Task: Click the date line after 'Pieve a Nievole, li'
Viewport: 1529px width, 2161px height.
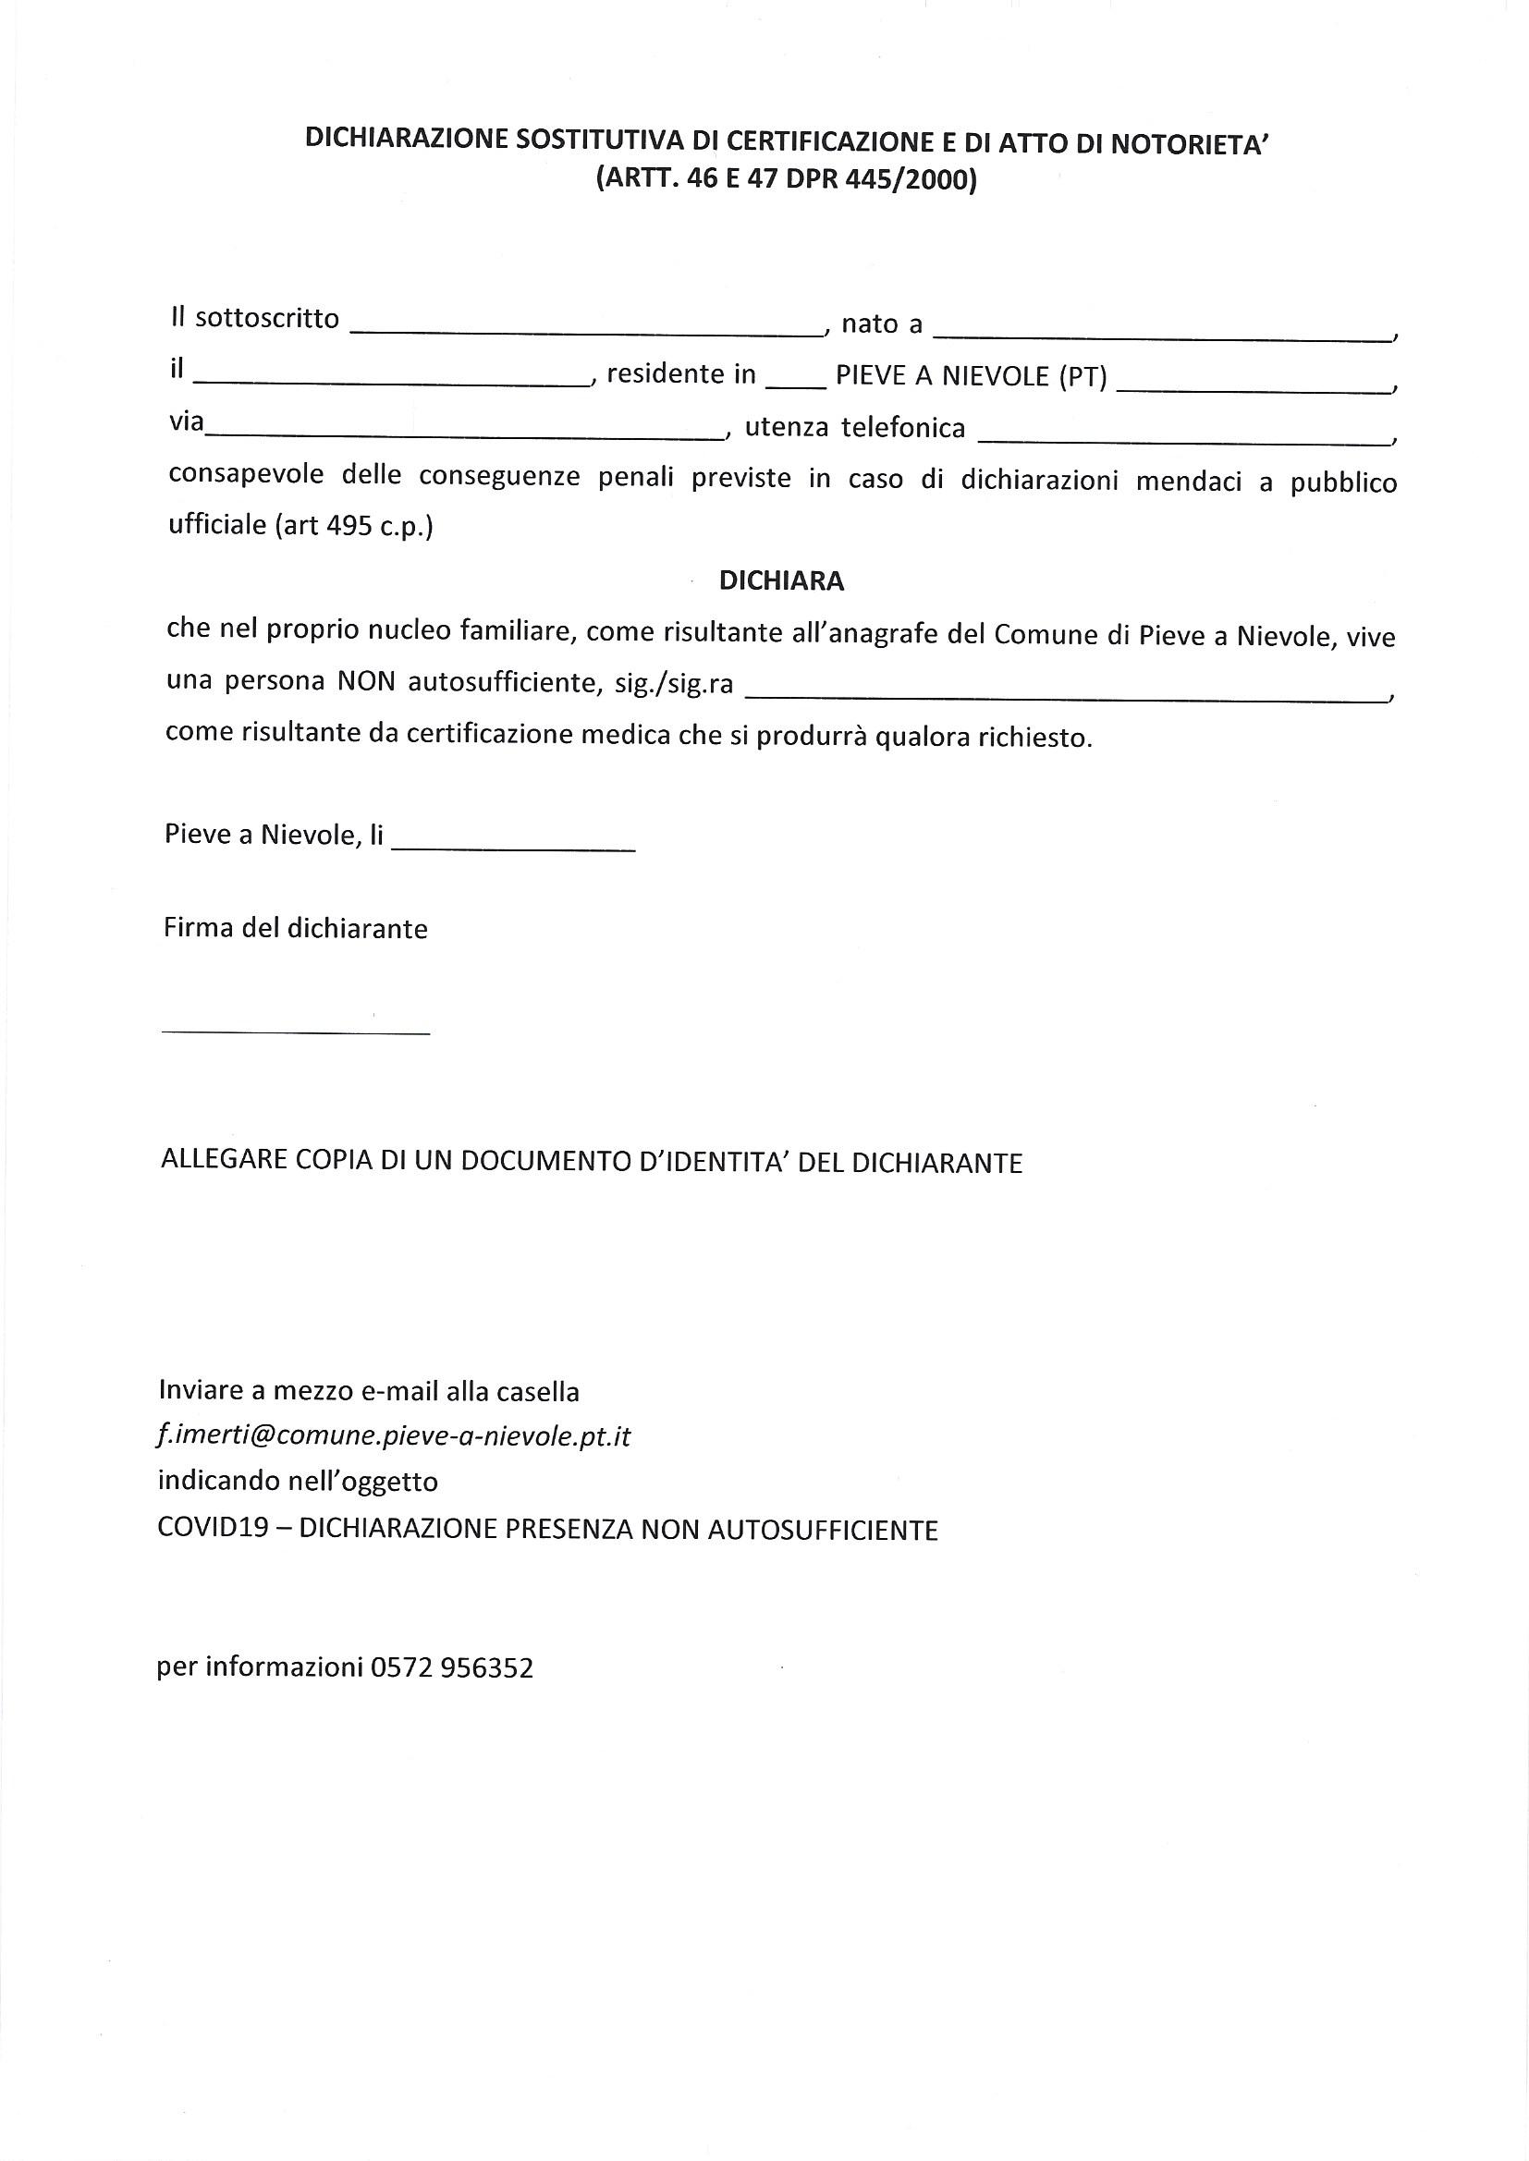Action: click(513, 839)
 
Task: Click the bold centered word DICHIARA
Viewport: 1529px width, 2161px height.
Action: click(781, 580)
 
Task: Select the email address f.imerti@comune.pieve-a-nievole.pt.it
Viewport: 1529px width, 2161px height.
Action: click(394, 1436)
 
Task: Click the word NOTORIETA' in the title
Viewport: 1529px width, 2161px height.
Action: click(1191, 143)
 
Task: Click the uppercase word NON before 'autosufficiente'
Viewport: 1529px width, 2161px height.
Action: click(366, 681)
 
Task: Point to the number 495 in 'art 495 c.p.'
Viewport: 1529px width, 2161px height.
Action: click(350, 526)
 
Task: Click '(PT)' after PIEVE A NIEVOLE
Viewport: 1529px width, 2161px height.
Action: click(1083, 376)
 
